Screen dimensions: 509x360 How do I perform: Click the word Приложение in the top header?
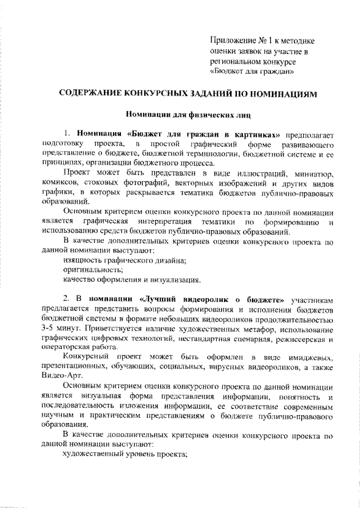[232, 40]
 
